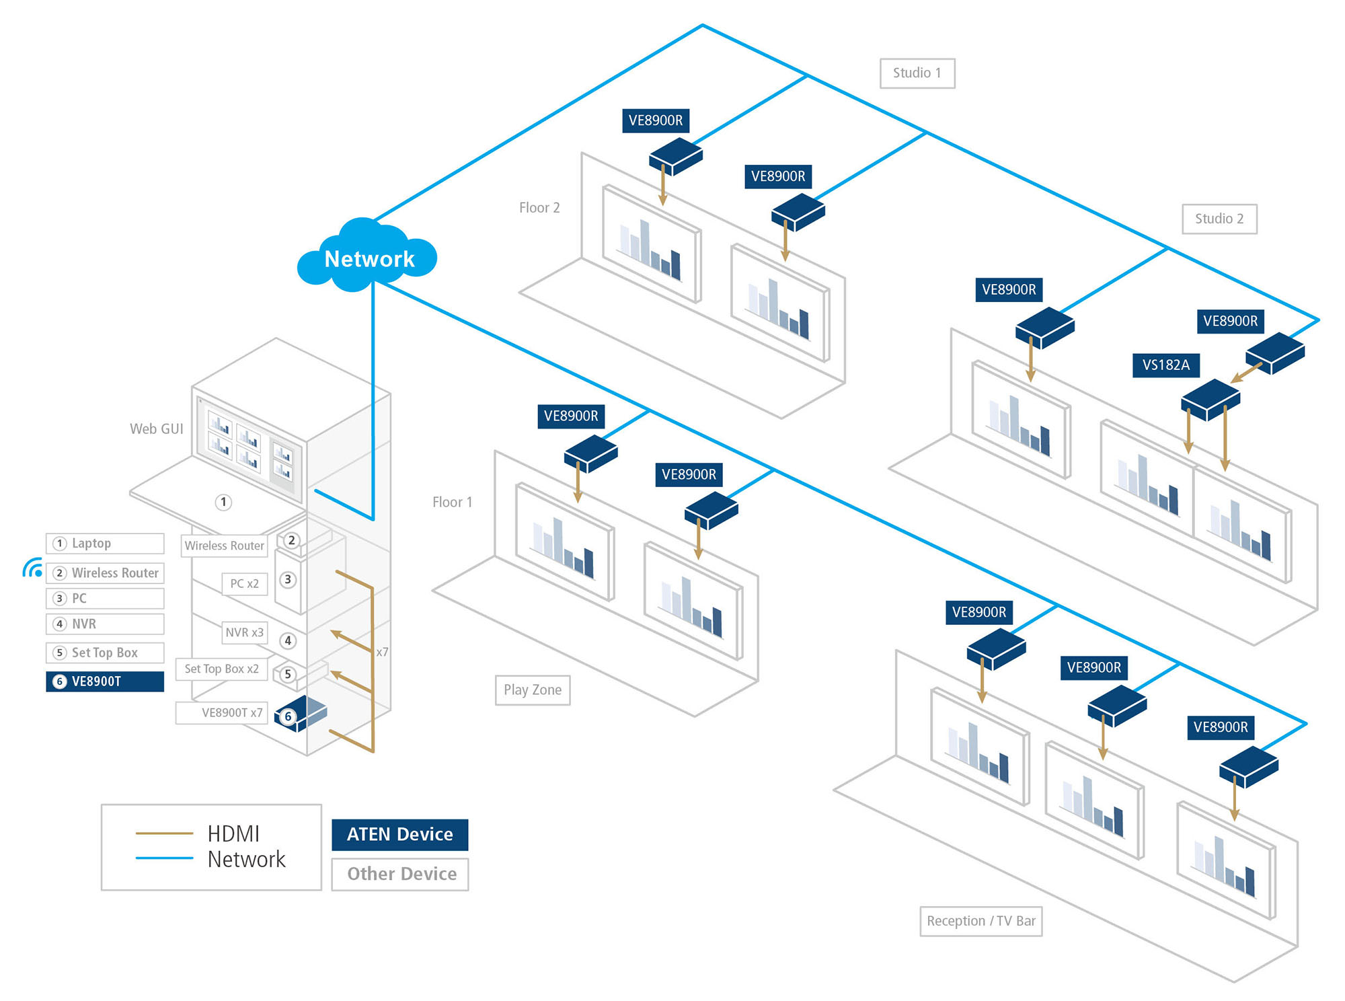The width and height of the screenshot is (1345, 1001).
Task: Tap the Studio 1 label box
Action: coord(917,73)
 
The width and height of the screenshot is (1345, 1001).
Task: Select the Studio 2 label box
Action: coord(1219,219)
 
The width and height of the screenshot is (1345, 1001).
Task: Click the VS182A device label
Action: coord(1165,365)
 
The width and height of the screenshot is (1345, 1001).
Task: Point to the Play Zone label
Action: coord(532,690)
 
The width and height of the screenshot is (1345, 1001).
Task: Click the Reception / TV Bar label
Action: coord(981,920)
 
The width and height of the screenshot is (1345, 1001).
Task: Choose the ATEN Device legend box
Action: coord(399,834)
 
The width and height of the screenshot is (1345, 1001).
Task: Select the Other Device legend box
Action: coord(401,874)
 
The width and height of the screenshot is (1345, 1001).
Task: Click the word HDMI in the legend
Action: coord(233,833)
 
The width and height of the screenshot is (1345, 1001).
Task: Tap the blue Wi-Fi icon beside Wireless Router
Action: coord(32,568)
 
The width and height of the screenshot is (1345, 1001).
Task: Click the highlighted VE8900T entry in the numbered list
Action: coord(104,681)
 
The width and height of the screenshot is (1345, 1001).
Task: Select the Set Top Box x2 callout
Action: coord(221,669)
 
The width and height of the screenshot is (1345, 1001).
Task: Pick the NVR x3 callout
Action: coord(244,632)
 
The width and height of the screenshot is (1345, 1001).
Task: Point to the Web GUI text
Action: coord(156,429)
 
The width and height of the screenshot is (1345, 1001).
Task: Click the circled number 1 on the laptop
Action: coord(223,502)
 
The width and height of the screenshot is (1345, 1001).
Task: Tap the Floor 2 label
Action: coord(539,208)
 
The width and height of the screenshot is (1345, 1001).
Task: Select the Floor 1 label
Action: coord(452,502)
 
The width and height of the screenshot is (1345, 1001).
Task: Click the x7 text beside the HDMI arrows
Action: coord(382,652)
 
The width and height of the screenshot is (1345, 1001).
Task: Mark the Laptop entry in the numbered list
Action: coord(104,543)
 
